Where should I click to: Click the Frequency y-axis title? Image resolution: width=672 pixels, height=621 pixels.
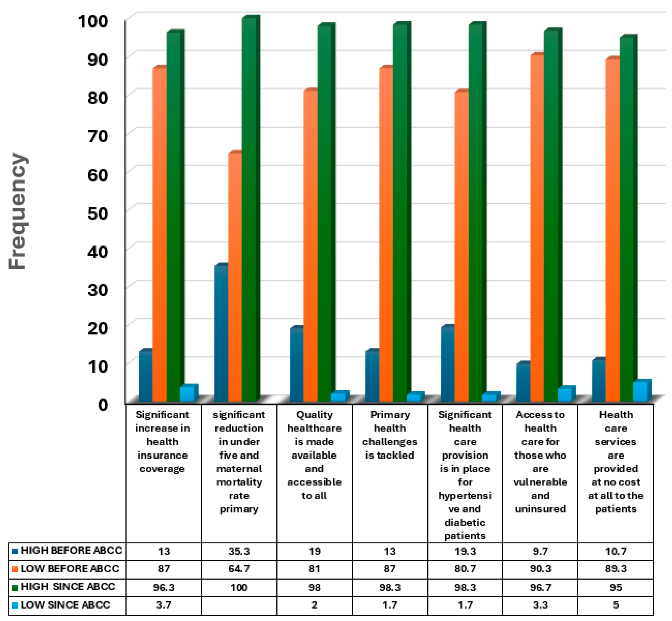click(x=18, y=211)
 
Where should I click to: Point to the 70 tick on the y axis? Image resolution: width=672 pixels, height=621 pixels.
click(x=97, y=136)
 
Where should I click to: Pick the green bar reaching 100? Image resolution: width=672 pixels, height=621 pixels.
click(x=249, y=208)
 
